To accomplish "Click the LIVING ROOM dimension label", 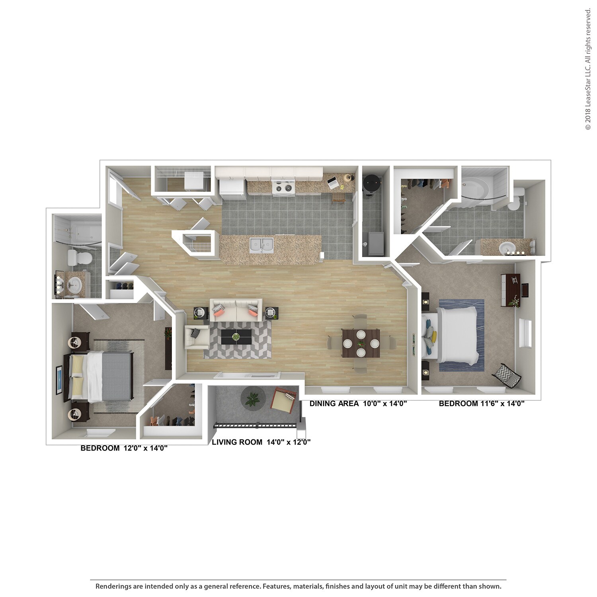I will (261, 442).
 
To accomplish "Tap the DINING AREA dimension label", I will (358, 404).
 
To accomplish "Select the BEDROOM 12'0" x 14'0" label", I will (124, 448).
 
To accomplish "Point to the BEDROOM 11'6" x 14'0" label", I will (482, 404).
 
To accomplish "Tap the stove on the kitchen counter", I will (283, 187).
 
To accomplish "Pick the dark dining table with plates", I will (361, 343).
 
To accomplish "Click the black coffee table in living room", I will (236, 337).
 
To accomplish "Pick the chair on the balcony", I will (284, 400).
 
